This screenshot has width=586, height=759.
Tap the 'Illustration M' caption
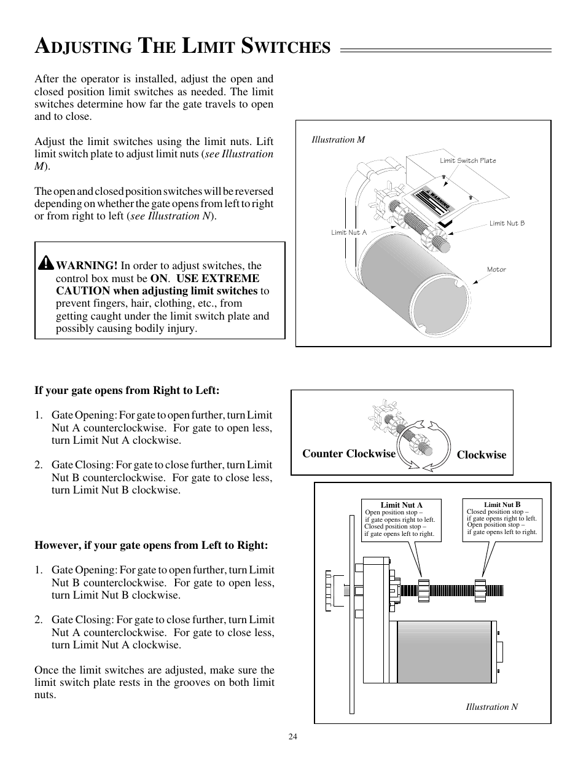pyautogui.click(x=338, y=140)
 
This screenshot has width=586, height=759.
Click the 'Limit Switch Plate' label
pyautogui.click(x=467, y=160)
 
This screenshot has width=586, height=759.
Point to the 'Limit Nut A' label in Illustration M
pyautogui.click(x=348, y=232)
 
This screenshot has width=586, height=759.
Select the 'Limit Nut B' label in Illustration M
pyautogui.click(x=507, y=223)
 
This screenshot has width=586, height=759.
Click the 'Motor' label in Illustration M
pyautogui.click(x=496, y=269)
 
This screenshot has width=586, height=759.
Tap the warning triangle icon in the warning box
pyautogui.click(x=45, y=263)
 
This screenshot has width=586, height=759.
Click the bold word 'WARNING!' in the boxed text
pyautogui.click(x=87, y=265)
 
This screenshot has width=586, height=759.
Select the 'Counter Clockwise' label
pyautogui.click(x=349, y=454)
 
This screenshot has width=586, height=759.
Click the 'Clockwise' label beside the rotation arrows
pyautogui.click(x=481, y=455)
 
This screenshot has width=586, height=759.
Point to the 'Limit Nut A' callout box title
pyautogui.click(x=401, y=505)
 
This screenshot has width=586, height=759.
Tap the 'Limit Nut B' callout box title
pyautogui.click(x=502, y=505)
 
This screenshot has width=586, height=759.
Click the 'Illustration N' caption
pyautogui.click(x=491, y=707)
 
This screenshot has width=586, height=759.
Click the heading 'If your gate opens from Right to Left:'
pyautogui.click(x=127, y=390)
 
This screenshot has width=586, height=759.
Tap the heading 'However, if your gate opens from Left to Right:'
pyautogui.click(x=151, y=545)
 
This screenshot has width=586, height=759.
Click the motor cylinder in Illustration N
pyautogui.click(x=445, y=651)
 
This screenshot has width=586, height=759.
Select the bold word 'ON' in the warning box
pyautogui.click(x=158, y=278)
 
